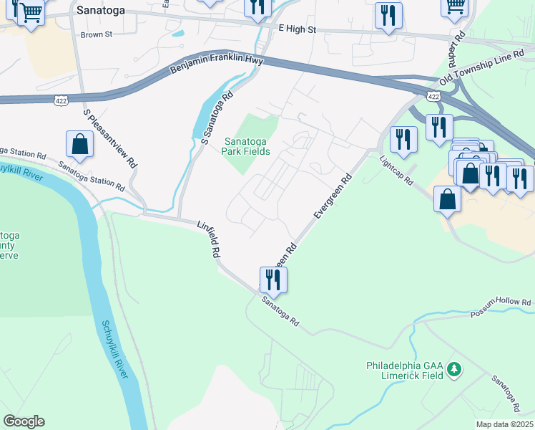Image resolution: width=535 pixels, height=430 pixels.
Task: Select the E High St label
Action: pyautogui.click(x=297, y=30)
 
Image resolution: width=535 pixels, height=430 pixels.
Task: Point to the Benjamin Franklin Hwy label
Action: pyautogui.click(x=217, y=64)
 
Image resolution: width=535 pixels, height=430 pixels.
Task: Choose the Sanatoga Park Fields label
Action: pyautogui.click(x=247, y=146)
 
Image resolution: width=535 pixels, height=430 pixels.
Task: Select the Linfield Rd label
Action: pyautogui.click(x=210, y=239)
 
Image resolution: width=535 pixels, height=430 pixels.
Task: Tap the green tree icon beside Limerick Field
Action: pyautogui.click(x=453, y=370)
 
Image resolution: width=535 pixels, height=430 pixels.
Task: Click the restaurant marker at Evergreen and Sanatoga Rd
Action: pyautogui.click(x=273, y=278)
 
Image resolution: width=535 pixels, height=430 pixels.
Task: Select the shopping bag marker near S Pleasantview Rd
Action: pyautogui.click(x=80, y=143)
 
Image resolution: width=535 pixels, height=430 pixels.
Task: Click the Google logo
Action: pyautogui.click(x=24, y=421)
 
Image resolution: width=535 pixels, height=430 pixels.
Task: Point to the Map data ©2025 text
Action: pyautogui.click(x=504, y=424)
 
